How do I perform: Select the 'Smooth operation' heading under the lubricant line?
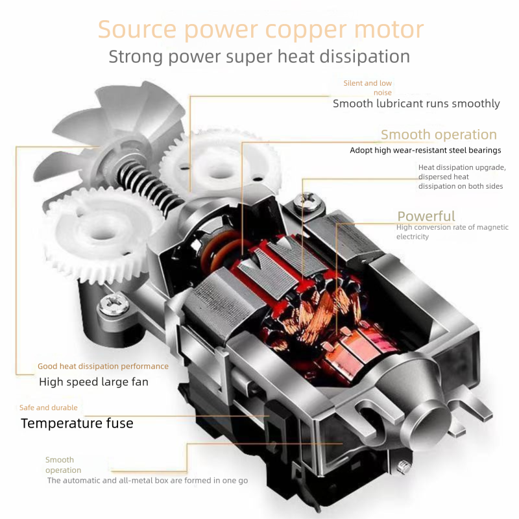coord(439,135)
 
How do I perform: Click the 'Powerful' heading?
coord(426,216)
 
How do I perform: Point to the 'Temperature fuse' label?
coord(77,424)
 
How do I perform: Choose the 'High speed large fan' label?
coord(93,381)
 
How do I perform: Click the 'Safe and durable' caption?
coord(49,407)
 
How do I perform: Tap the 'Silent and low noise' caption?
coord(368,87)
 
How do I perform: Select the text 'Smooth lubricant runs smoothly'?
coord(416,103)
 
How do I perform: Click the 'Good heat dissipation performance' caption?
coord(103,367)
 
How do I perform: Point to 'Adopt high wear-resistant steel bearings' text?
coord(425,151)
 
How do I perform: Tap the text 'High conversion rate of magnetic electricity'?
coord(452,232)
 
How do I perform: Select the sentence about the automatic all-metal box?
coord(147,481)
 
